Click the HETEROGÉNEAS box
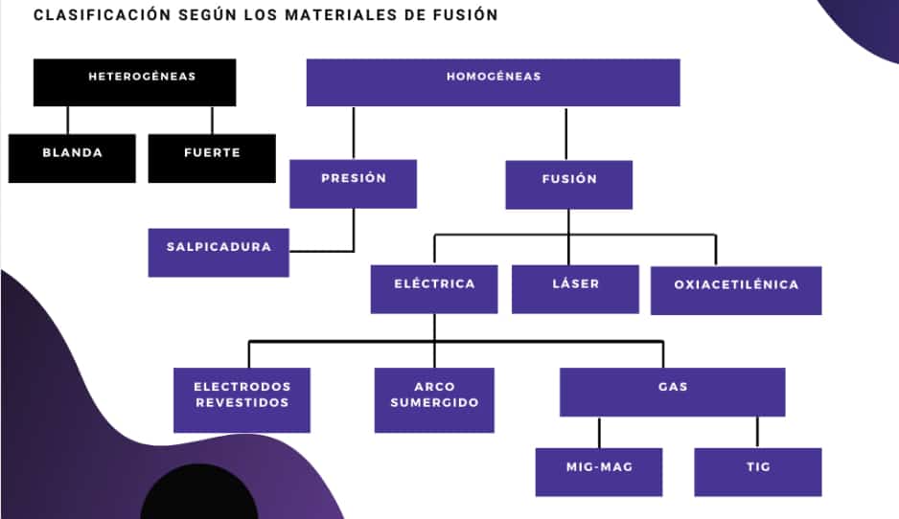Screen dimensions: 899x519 135,82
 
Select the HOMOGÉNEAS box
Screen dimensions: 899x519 493,82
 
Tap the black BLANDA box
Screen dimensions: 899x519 72,159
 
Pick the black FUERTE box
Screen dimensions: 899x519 212,159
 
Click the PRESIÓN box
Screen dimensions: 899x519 353,184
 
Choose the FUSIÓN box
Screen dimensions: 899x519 568,185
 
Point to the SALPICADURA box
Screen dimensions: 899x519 219,253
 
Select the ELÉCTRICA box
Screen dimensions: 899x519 434,289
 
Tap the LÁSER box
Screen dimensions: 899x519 575,289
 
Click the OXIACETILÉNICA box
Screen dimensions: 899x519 736,290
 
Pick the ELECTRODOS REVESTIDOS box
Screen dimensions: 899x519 242,400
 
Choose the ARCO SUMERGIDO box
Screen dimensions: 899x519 434,400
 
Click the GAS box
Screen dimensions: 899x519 673,393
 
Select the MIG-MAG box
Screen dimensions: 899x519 599,472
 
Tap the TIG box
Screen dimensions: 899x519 758,472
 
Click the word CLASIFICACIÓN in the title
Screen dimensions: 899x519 102,15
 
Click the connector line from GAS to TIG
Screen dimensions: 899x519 757,433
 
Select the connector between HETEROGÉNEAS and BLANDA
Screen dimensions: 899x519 68,121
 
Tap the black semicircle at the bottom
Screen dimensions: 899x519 199,495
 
